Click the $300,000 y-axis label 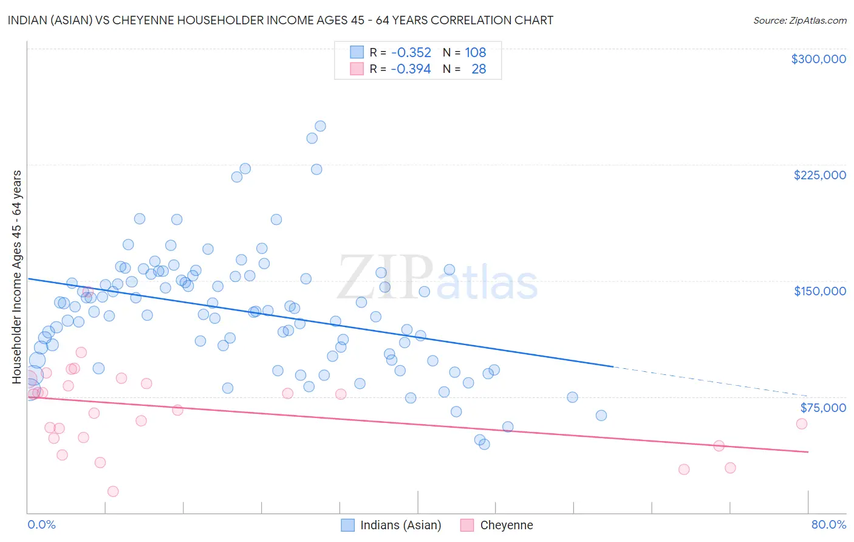click(x=818, y=59)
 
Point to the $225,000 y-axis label click(x=819, y=175)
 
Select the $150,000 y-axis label click(x=819, y=291)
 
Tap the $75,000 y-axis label click(x=822, y=408)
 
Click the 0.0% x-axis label click(x=41, y=524)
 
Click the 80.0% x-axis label click(x=828, y=524)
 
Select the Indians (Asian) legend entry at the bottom click(x=400, y=525)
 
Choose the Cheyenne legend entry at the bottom click(x=506, y=525)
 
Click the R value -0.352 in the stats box click(x=411, y=53)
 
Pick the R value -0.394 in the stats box click(x=411, y=69)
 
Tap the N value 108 click(x=475, y=53)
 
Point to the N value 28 click(x=479, y=69)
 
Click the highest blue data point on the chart click(x=320, y=126)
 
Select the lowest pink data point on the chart click(x=113, y=492)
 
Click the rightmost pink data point click(x=801, y=424)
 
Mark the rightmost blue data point click(x=601, y=416)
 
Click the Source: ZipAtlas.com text click(x=799, y=21)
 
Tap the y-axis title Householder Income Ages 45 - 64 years click(x=17, y=277)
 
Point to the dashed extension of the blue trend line click(x=711, y=381)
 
